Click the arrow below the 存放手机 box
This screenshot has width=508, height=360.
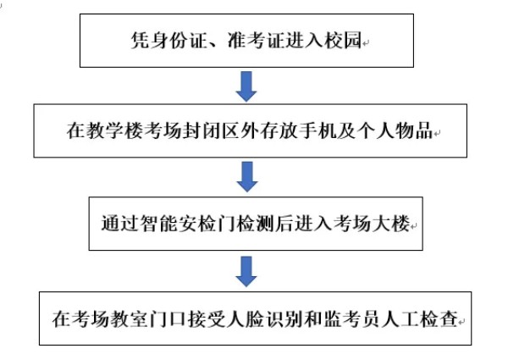click(x=246, y=177)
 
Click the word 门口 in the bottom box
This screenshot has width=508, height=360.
click(x=170, y=321)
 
